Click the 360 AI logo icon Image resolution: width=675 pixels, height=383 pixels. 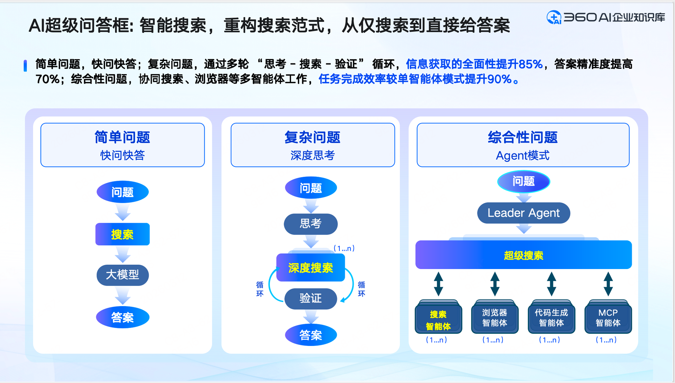554,17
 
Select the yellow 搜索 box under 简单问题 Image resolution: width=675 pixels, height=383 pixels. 122,234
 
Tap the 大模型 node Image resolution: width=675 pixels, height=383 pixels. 122,275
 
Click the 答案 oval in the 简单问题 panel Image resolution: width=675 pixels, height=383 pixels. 122,317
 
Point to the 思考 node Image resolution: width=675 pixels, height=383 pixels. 311,224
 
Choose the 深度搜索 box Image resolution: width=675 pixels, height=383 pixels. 310,268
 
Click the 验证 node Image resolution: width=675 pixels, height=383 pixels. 311,298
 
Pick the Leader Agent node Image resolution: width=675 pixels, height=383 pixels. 523,213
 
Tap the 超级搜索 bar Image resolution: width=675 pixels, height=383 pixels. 523,255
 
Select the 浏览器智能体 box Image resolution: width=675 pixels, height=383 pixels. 495,318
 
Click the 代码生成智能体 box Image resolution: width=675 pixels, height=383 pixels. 551,318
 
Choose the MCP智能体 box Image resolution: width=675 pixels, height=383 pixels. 608,318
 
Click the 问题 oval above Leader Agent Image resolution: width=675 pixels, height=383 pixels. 523,181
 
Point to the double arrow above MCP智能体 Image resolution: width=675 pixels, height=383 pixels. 608,284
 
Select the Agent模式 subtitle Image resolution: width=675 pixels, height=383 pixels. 523,156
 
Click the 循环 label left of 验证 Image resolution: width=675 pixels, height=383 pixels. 260,289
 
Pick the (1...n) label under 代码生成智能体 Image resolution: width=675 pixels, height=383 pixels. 549,340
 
